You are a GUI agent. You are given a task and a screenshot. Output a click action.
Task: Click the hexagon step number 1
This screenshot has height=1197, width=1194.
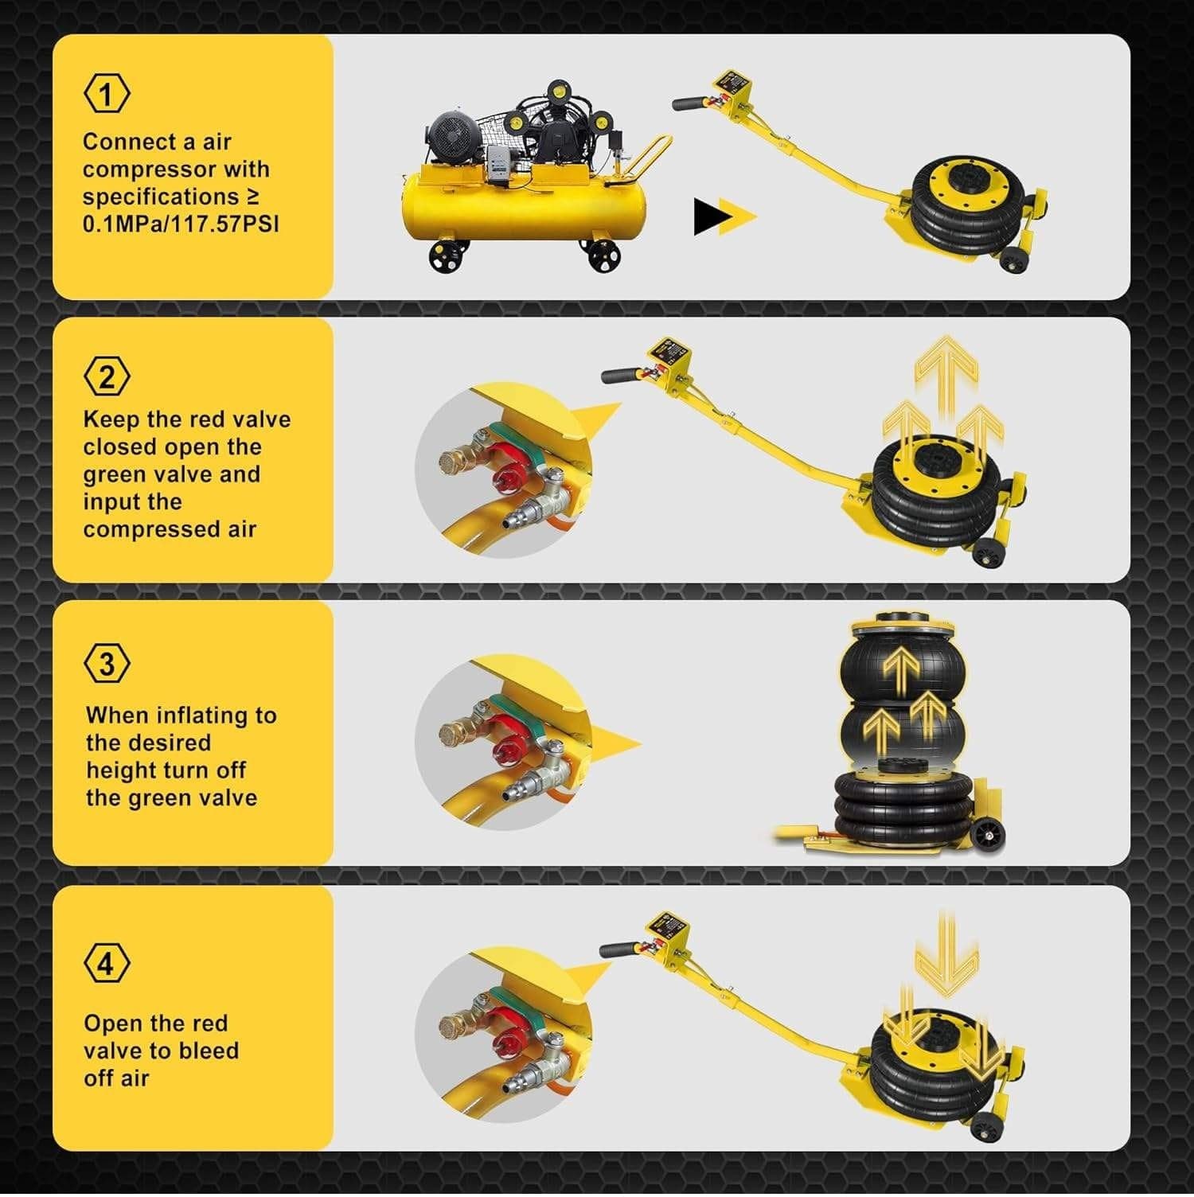pyautogui.click(x=107, y=94)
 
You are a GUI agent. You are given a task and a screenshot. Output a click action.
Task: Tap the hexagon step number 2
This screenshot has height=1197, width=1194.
pyautogui.click(x=107, y=376)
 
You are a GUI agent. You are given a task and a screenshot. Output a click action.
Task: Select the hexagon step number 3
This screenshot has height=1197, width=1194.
pyautogui.click(x=107, y=663)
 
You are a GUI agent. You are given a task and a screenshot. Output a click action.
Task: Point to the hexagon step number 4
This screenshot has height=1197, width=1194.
pyautogui.click(x=107, y=964)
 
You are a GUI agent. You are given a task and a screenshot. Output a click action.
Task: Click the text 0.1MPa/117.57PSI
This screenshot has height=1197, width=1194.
pyautogui.click(x=181, y=224)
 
